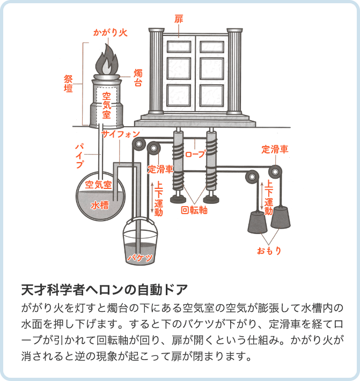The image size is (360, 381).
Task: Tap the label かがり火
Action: tap(108, 33)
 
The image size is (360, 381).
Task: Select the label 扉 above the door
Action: tap(179, 19)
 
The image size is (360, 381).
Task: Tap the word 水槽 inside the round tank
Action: tap(100, 204)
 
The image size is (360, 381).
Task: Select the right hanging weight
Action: tap(283, 218)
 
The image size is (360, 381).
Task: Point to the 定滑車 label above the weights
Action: tap(275, 149)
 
